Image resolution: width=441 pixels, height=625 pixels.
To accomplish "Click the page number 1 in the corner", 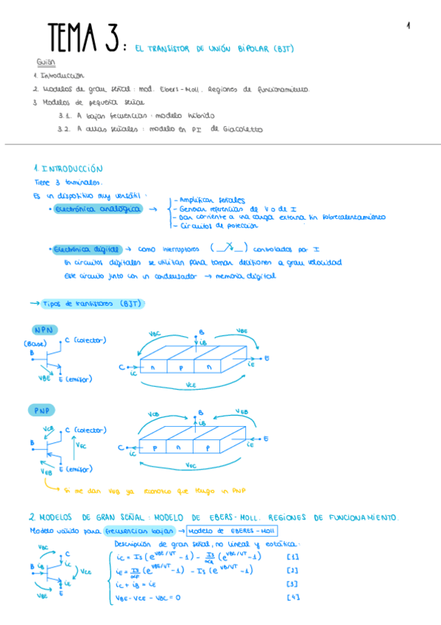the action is pos(407,26).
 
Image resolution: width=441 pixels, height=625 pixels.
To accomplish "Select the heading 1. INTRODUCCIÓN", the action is pos(68,168).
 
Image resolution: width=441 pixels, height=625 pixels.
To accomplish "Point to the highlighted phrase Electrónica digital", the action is pos(87,249).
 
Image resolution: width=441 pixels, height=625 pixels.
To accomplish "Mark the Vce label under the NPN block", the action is pos(191,385).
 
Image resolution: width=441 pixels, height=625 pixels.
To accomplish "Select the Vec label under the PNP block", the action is pos(191,466).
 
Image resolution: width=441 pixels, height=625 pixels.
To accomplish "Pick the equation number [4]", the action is pos(293,597).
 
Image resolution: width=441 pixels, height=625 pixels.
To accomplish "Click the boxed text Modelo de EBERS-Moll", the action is pos(232,530).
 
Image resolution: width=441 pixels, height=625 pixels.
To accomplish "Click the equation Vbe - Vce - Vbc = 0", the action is pos(148,597).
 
